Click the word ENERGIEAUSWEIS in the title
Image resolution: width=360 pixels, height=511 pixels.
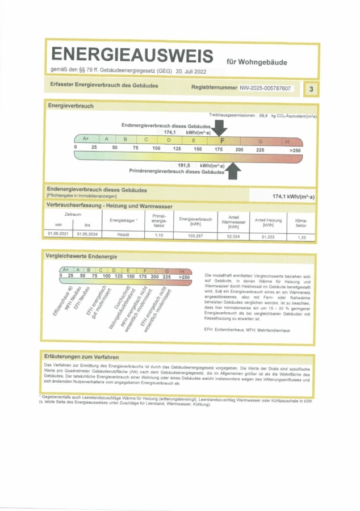pyautogui.click(x=132, y=55)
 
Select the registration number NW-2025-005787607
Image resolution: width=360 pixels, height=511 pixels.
pyautogui.click(x=265, y=88)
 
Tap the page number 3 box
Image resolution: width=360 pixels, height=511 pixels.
pyautogui.click(x=311, y=89)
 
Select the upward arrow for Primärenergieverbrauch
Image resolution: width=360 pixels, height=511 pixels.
pyautogui.click(x=233, y=170)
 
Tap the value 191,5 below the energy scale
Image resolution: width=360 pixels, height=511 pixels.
pyautogui.click(x=183, y=165)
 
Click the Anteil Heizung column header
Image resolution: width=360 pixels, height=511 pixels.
pyautogui.click(x=265, y=221)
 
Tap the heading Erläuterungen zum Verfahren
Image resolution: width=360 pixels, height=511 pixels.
pyautogui.click(x=82, y=357)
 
